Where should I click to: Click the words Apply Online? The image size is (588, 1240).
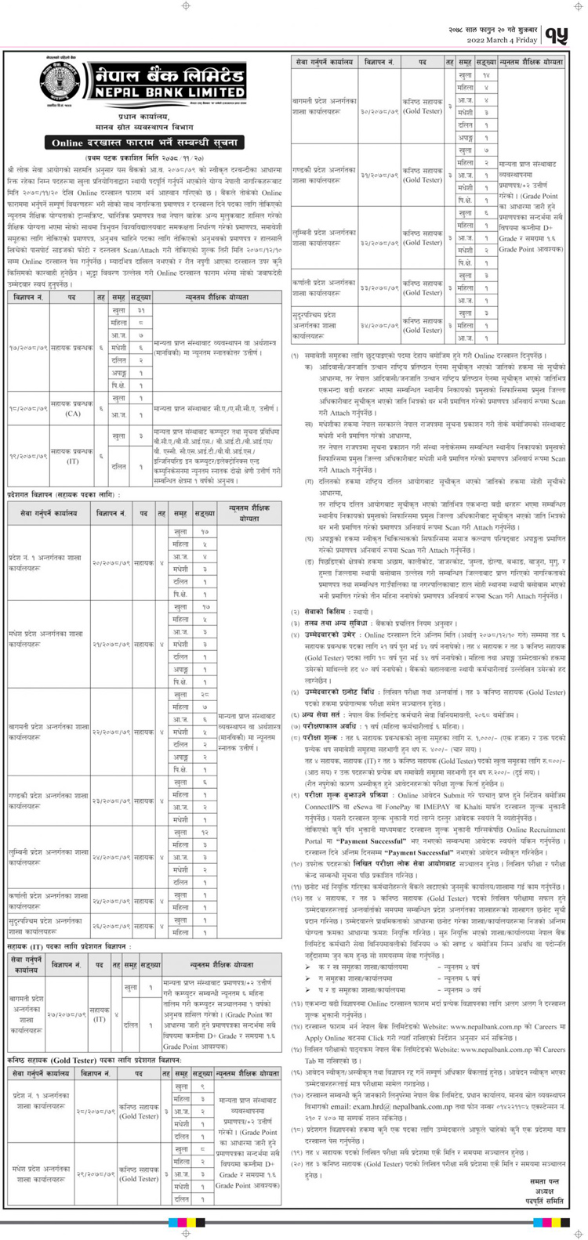coord(324,1037)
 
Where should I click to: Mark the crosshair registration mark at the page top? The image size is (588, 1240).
coord(186,6)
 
